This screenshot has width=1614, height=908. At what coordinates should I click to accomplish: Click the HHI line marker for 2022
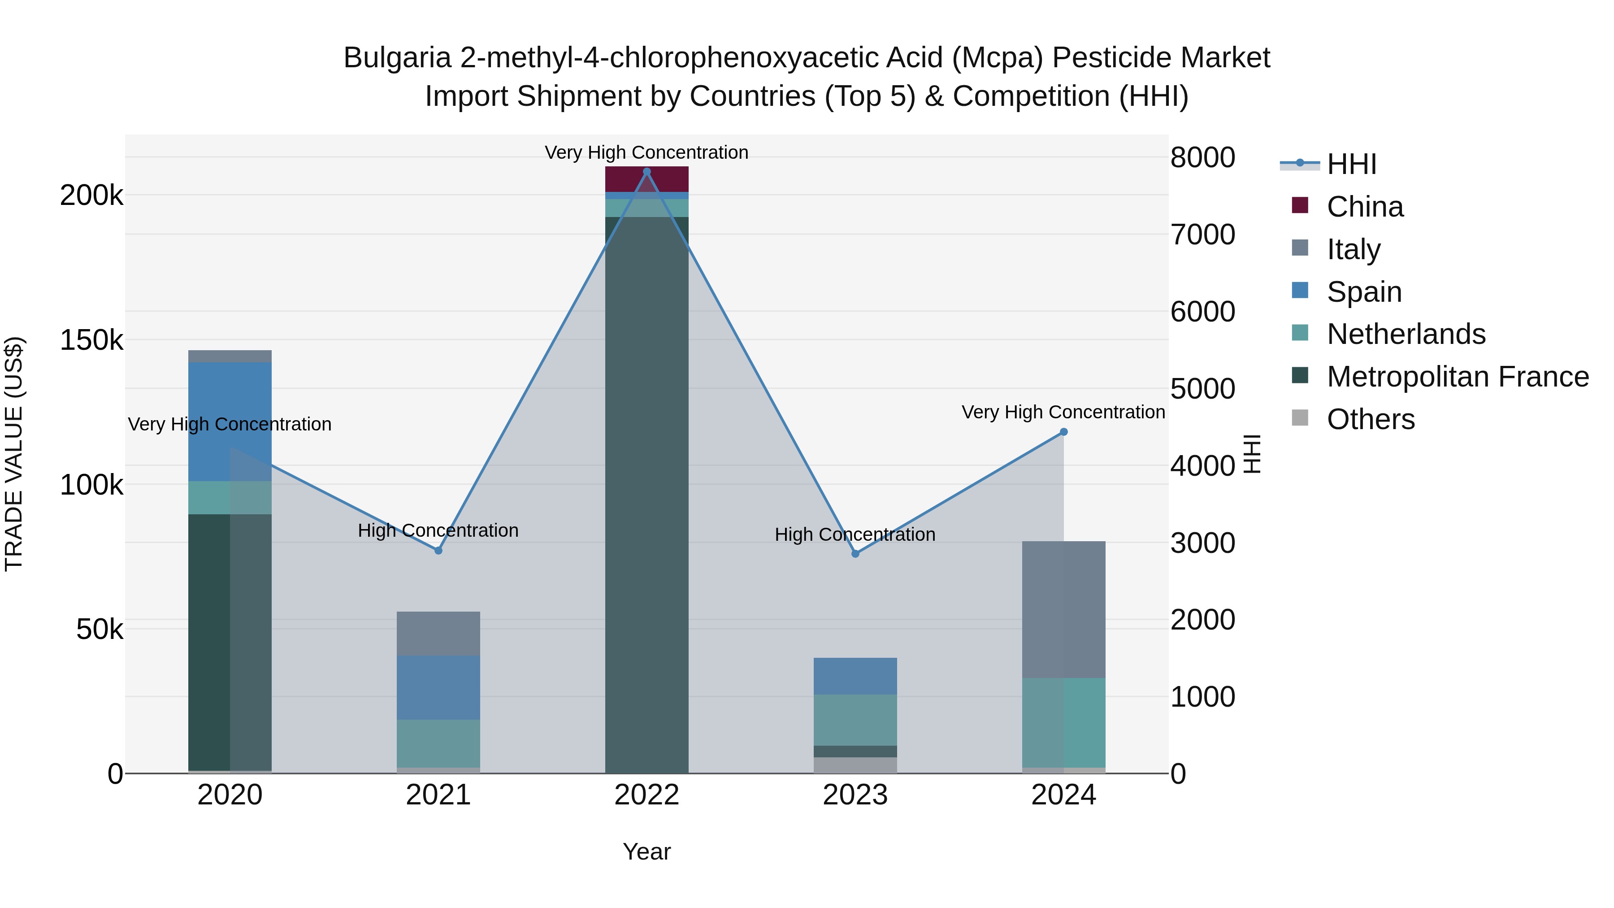[646, 172]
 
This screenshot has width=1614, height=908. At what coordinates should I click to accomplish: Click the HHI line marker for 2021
[438, 550]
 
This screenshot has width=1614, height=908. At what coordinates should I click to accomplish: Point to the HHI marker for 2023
[855, 554]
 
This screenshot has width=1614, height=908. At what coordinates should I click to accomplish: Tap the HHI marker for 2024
[1063, 432]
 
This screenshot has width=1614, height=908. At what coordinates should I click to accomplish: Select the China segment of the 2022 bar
[646, 179]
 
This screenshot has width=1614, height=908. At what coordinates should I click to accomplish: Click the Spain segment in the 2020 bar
[230, 421]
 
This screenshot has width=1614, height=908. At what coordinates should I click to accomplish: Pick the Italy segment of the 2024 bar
[1063, 609]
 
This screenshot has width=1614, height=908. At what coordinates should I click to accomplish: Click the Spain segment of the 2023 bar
[855, 676]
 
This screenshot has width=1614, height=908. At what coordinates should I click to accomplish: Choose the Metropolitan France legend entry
[1458, 377]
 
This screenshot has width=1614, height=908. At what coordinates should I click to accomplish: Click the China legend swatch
[1300, 205]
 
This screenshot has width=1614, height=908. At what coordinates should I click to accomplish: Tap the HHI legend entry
[1351, 164]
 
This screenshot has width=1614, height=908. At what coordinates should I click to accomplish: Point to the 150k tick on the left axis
[91, 340]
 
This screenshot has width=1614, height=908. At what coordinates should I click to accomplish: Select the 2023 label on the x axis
[855, 795]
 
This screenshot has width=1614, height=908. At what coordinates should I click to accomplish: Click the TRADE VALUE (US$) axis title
[14, 454]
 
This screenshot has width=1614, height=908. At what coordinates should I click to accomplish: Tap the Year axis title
[646, 852]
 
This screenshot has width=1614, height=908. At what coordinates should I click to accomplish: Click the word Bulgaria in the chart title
[397, 58]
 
